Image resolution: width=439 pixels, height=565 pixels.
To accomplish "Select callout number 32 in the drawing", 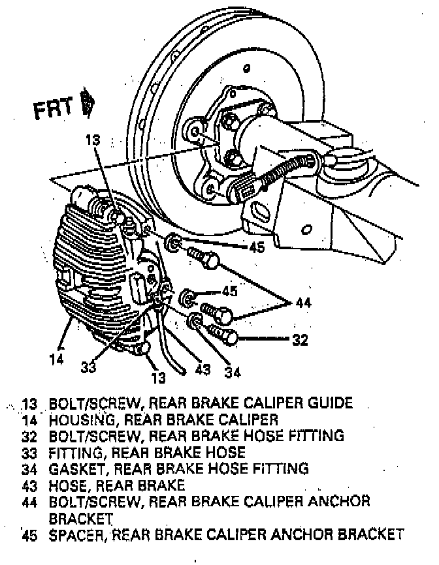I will pos(300,339).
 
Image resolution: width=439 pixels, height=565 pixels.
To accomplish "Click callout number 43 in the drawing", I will pos(203,370).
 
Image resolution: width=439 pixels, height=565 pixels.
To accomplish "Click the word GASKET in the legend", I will pos(76,468).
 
